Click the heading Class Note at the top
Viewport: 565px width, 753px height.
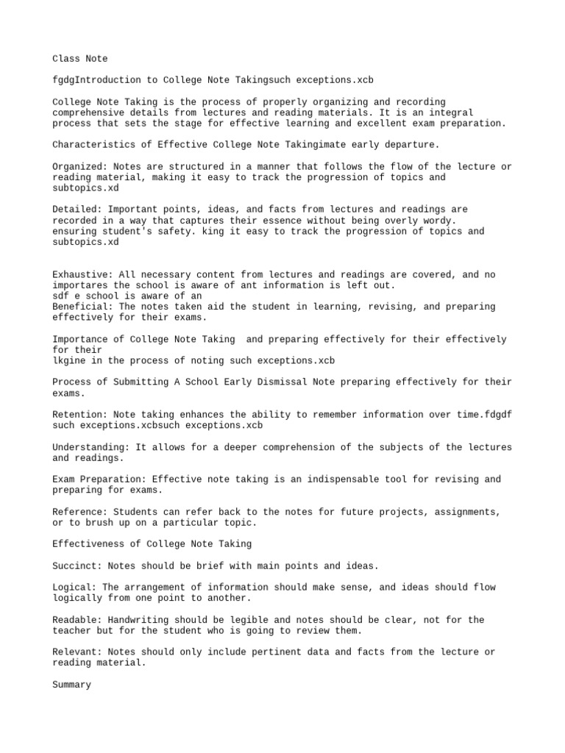point(79,58)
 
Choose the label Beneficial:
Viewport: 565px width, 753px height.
point(82,307)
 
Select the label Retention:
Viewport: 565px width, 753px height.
point(79,415)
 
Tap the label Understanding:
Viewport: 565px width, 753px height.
point(91,447)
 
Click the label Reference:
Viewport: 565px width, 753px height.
point(79,512)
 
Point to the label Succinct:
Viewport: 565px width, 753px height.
point(77,565)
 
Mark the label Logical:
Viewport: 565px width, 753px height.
point(74,588)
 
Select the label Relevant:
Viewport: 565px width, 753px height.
point(77,652)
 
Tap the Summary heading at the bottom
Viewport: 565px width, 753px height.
point(72,685)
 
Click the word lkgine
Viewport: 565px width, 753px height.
point(69,361)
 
